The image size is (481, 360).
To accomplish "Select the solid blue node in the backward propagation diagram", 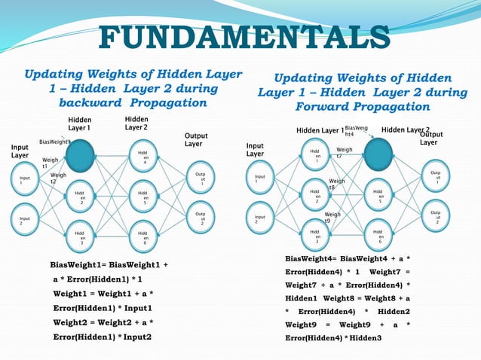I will [x=80, y=157].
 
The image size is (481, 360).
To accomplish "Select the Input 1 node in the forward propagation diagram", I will [x=257, y=181].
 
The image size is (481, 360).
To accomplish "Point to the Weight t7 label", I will [x=344, y=153].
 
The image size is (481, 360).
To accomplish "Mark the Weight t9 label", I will [x=332, y=218].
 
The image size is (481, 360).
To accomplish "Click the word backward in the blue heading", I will [x=94, y=102].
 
